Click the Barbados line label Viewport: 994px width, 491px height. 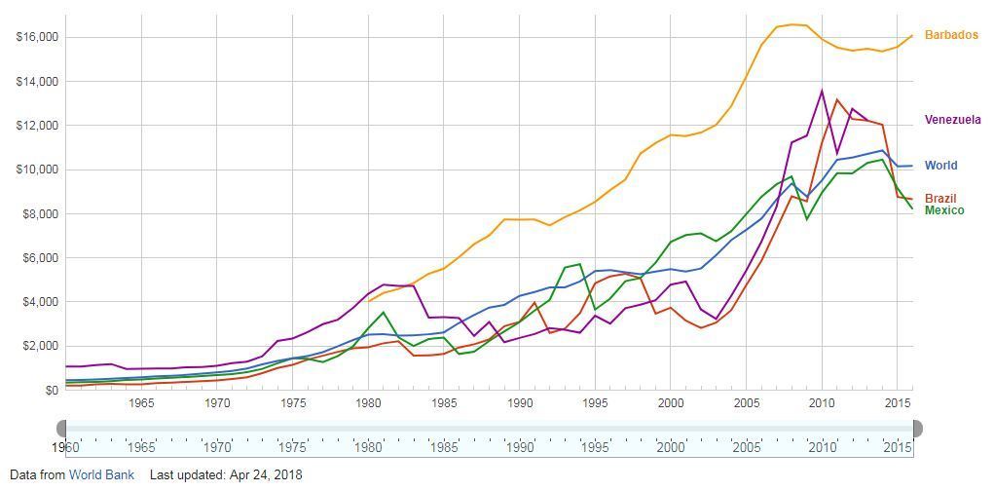(950, 35)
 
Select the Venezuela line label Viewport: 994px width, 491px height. (952, 120)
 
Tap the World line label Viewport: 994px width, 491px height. (940, 166)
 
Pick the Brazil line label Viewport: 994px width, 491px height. (940, 199)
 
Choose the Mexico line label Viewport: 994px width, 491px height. (943, 210)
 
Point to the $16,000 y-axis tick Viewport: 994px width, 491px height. (37, 37)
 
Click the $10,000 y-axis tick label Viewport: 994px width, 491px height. (37, 170)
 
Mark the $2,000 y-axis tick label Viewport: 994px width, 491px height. (40, 346)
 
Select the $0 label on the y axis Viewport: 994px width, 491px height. (50, 390)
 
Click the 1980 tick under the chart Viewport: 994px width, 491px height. (368, 402)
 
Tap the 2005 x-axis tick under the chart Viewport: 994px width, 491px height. (747, 402)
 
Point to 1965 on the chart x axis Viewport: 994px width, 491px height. (141, 402)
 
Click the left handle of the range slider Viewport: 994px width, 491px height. (62, 429)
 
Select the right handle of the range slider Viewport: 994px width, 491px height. (915, 429)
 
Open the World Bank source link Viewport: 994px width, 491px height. (101, 475)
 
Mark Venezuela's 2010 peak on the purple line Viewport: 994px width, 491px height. (822, 91)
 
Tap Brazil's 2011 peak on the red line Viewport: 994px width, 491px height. (836, 99)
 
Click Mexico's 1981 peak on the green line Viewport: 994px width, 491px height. (384, 313)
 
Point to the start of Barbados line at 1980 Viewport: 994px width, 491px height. (369, 301)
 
